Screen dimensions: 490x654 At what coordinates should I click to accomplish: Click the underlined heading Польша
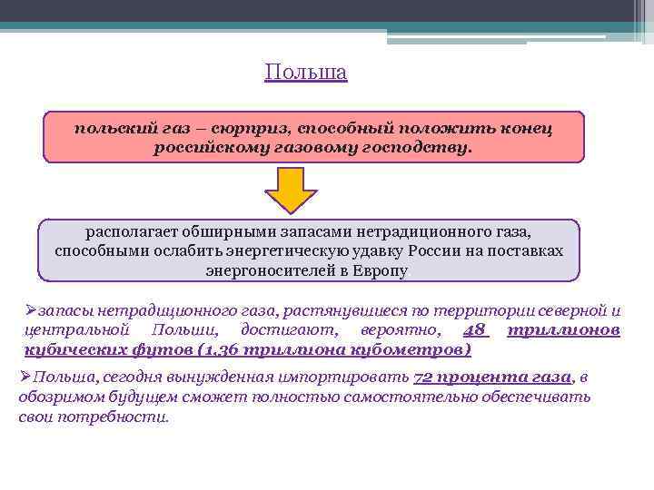[306, 72]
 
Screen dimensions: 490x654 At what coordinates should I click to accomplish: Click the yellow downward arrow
[291, 189]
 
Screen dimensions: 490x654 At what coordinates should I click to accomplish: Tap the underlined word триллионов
[563, 331]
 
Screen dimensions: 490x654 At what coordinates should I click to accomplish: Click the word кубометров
[413, 351]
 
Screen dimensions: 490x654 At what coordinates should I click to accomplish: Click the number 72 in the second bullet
[423, 378]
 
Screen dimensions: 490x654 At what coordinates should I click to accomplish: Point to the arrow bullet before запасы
[29, 310]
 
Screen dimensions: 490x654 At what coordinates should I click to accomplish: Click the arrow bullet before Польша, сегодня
[25, 378]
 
